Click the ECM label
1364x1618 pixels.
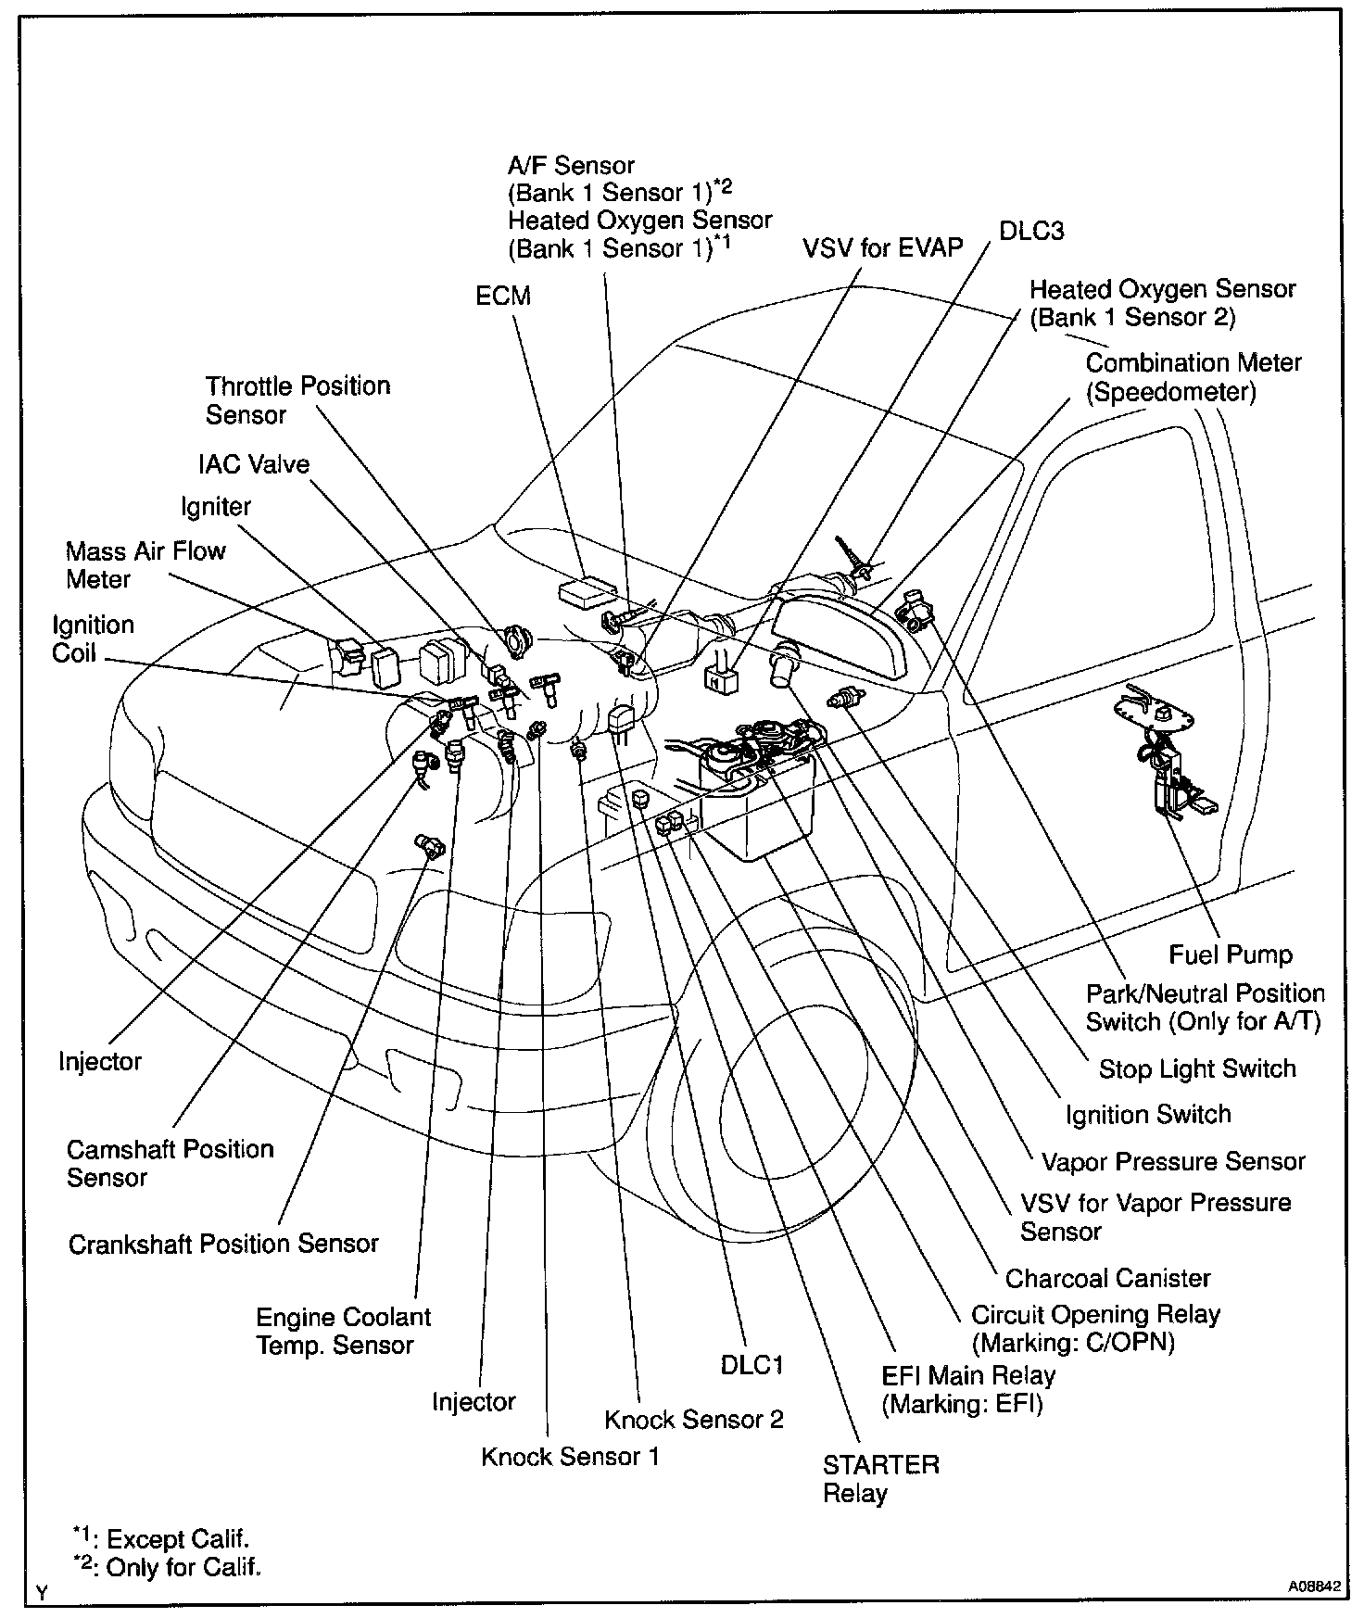[503, 297]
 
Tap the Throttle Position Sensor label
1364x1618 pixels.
[297, 399]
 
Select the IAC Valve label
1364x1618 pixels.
[254, 464]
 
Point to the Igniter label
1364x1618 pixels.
[216, 507]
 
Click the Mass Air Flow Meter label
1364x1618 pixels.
[145, 564]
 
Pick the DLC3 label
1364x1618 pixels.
[1031, 232]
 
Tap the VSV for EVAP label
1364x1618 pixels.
[883, 248]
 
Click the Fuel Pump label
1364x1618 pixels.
[1230, 954]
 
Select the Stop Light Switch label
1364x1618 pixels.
[1197, 1069]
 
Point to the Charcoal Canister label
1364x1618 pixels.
[1107, 1279]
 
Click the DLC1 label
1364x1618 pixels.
[751, 1366]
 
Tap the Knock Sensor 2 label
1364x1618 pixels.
[693, 1420]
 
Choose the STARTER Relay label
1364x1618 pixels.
[880, 1479]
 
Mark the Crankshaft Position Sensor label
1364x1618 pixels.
[223, 1244]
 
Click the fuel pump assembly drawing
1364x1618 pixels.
[1164, 760]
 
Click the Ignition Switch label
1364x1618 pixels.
[1148, 1115]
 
